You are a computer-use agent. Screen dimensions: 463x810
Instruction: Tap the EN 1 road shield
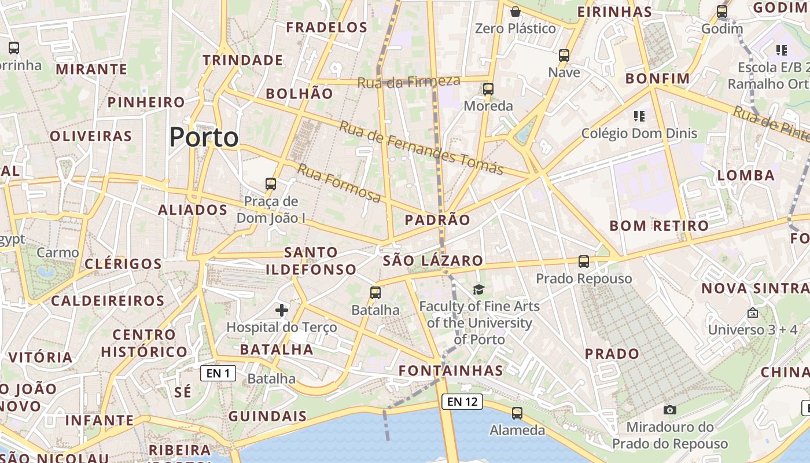(218, 373)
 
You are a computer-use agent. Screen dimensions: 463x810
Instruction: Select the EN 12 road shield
(462, 401)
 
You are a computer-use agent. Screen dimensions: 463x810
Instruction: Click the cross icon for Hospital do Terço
(282, 310)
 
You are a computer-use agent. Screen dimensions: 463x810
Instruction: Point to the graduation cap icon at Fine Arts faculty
(478, 289)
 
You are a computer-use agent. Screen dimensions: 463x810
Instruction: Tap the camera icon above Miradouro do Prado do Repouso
(670, 410)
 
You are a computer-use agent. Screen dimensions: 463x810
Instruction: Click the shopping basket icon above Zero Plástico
(516, 12)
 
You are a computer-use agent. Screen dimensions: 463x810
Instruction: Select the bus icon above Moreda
(488, 89)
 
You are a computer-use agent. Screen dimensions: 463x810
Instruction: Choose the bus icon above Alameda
(517, 413)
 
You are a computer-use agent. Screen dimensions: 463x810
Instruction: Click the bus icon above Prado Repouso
(584, 262)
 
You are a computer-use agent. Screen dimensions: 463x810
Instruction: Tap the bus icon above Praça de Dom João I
(270, 185)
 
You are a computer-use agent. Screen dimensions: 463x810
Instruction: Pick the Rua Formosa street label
(339, 183)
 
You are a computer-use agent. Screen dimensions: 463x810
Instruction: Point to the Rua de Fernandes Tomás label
(421, 147)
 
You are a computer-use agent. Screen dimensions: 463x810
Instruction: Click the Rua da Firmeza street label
(408, 82)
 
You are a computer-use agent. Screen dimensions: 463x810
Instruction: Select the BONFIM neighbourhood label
(658, 79)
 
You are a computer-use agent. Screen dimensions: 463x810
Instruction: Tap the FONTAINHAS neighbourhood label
(451, 370)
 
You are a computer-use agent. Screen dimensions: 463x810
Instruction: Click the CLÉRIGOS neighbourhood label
(123, 264)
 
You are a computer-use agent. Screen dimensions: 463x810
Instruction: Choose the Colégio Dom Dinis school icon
(639, 116)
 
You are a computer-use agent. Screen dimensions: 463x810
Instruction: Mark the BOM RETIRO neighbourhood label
(659, 226)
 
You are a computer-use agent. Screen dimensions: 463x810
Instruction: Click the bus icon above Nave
(564, 56)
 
